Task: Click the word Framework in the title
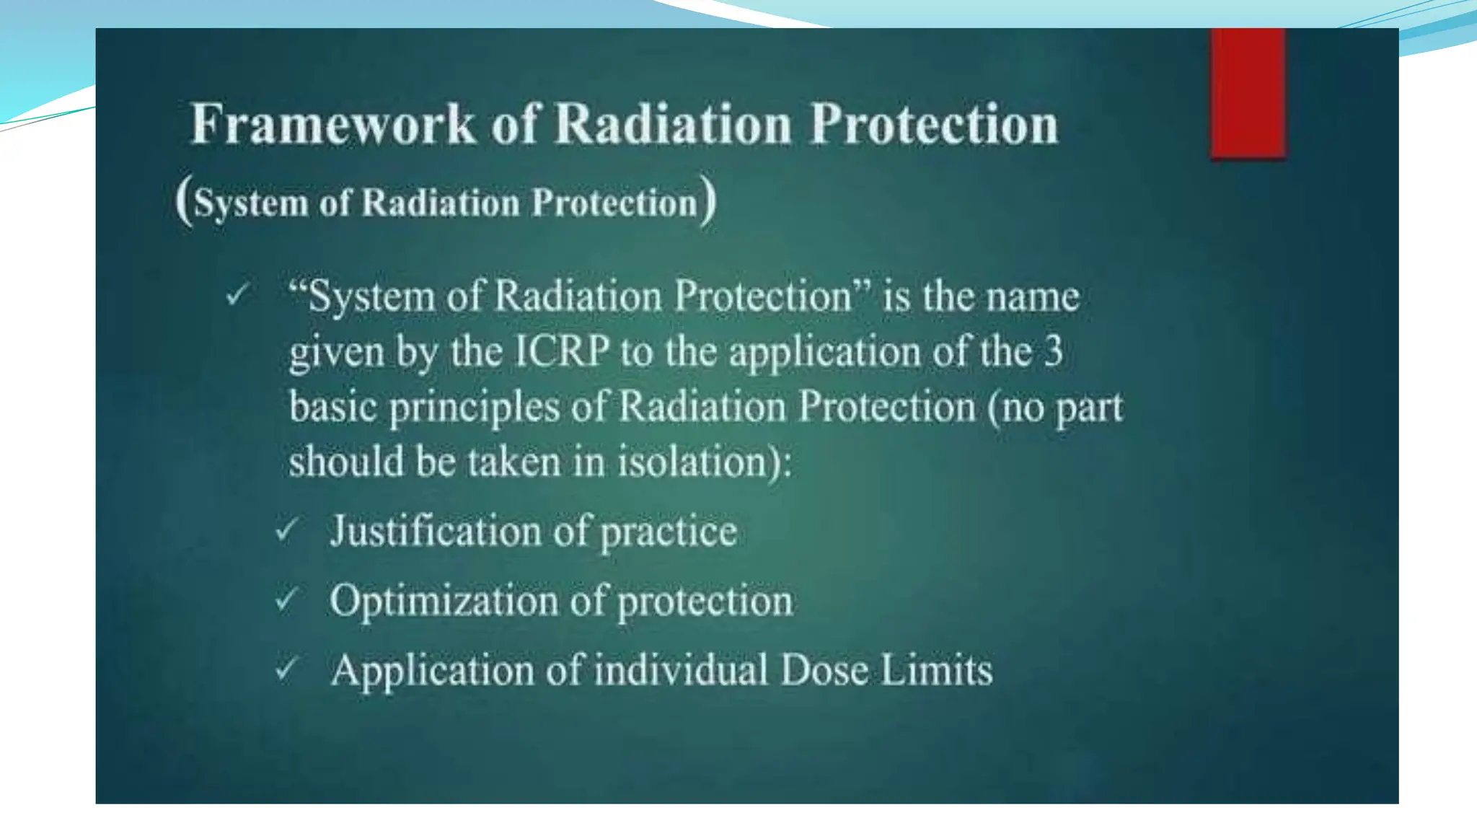point(333,124)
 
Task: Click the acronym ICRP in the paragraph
point(562,352)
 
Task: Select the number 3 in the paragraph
point(1053,351)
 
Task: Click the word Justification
point(436,532)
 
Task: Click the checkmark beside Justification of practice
point(286,530)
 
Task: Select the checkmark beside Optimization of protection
point(286,599)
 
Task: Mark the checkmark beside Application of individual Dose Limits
point(286,669)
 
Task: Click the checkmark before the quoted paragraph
point(237,294)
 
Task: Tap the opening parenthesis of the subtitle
point(184,202)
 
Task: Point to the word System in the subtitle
point(251,203)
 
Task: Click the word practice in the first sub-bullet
point(669,532)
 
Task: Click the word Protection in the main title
point(934,124)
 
